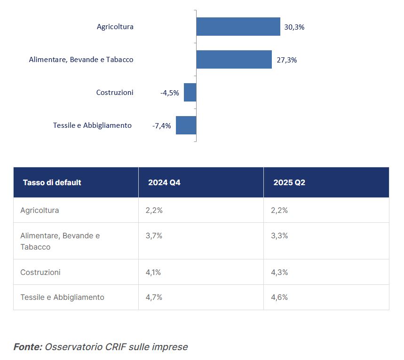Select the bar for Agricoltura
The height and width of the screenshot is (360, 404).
238,27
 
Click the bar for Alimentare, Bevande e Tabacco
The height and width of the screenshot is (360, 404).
234,60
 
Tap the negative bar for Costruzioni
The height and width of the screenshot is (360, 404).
190,93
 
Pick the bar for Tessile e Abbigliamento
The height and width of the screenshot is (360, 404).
186,125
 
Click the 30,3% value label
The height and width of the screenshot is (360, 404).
294,27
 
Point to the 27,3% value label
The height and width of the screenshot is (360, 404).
286,60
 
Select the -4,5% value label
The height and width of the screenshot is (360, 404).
170,93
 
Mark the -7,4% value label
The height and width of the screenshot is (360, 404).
162,126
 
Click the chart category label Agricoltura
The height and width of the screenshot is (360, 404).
115,27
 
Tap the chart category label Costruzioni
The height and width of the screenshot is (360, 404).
115,93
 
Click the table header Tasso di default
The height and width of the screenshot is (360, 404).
52,182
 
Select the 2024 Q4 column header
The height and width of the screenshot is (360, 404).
164,182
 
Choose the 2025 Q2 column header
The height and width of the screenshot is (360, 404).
289,182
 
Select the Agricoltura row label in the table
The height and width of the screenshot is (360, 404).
40,210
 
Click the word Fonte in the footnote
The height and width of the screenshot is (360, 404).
27,347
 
